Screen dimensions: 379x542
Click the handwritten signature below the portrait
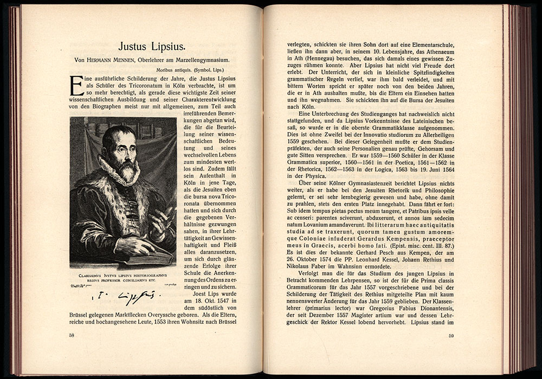124,296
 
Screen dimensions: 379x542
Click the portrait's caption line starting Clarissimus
122,276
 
